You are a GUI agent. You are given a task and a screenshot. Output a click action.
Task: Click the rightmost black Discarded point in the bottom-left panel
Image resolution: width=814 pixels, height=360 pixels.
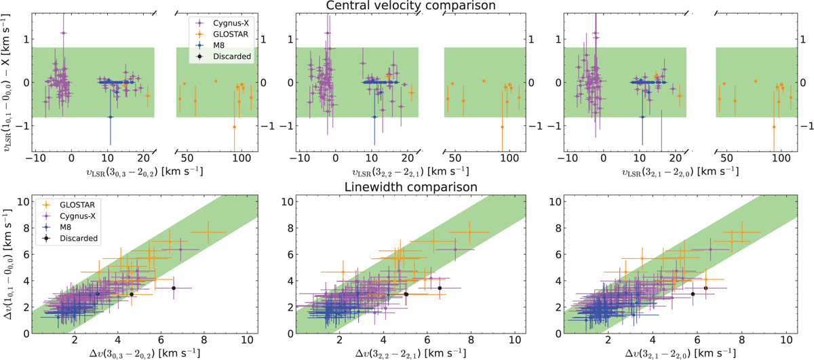(x=174, y=288)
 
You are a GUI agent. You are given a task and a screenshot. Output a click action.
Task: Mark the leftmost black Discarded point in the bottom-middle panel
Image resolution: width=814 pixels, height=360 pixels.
(x=406, y=294)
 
